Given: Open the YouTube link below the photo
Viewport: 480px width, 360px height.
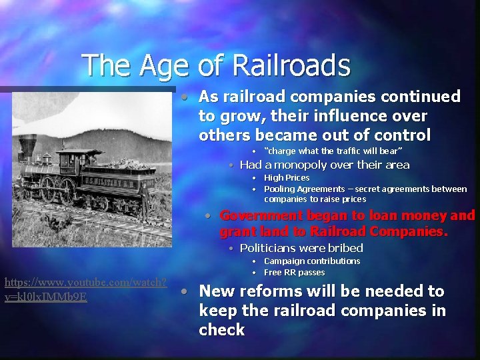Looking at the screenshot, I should pos(85,289).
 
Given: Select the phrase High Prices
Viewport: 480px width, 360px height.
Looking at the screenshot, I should pos(287,178).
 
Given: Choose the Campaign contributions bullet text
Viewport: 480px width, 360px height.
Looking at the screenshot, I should pos(312,261).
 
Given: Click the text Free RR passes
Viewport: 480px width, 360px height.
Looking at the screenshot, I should pos(294,272).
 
